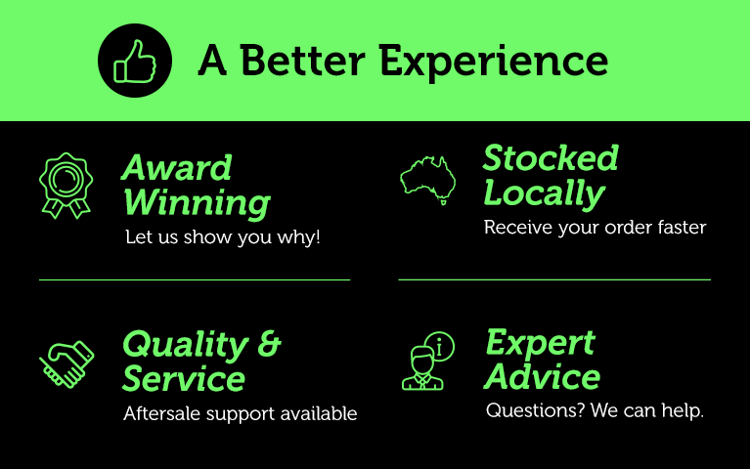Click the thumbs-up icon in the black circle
pyautogui.click(x=135, y=63)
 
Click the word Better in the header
pyautogui.click(x=303, y=61)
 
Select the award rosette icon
pyautogui.click(x=66, y=186)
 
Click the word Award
pyautogui.click(x=177, y=168)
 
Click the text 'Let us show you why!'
pyautogui.click(x=222, y=237)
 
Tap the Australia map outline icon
pyautogui.click(x=428, y=180)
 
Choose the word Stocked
pyautogui.click(x=551, y=157)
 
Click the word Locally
pyautogui.click(x=545, y=194)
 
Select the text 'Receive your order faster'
pyautogui.click(x=595, y=228)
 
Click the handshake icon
pyautogui.click(x=66, y=364)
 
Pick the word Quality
pyautogui.click(x=186, y=345)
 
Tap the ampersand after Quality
pyautogui.click(x=269, y=343)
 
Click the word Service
pyautogui.click(x=184, y=379)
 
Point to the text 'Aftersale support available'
pyautogui.click(x=241, y=413)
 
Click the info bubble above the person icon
pyautogui.click(x=440, y=346)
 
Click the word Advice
pyautogui.click(x=542, y=377)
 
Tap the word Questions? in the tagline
pyautogui.click(x=535, y=410)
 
